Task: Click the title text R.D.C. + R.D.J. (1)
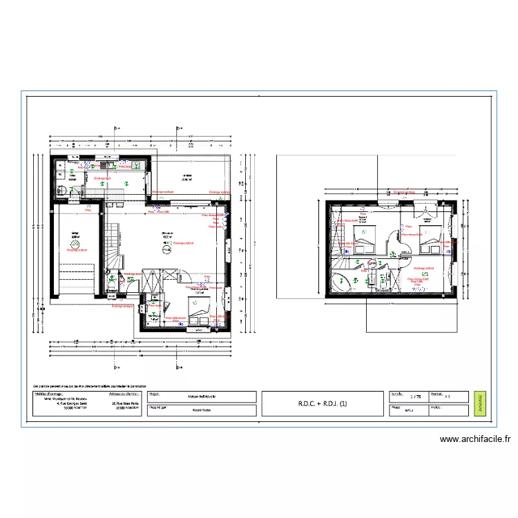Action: click(323, 404)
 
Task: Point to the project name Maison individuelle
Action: click(201, 397)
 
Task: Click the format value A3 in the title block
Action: click(447, 397)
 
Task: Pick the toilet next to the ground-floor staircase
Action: click(111, 285)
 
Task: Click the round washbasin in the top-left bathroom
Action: click(61, 189)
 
